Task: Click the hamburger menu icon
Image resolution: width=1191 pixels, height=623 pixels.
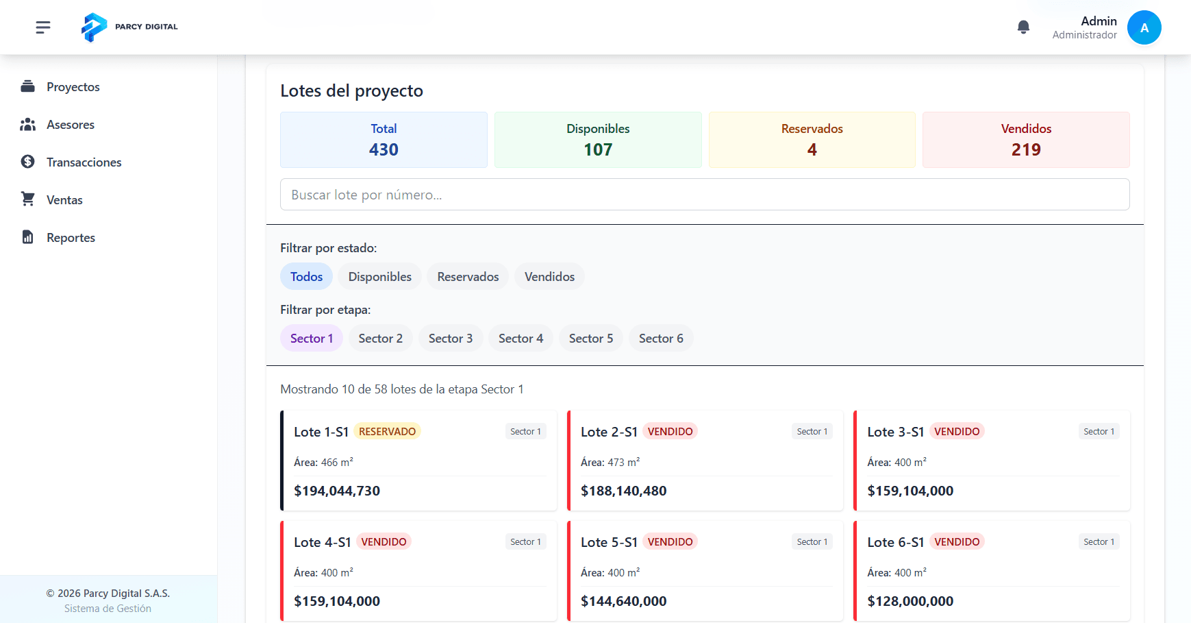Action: [43, 27]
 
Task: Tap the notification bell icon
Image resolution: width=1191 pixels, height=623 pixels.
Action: [1023, 27]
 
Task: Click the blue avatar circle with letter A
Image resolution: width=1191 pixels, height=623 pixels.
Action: [1144, 27]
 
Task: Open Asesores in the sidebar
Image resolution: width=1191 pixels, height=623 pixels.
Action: [70, 125]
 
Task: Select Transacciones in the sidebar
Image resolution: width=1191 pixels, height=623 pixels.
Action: [84, 162]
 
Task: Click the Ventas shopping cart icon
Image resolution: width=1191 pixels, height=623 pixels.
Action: [28, 199]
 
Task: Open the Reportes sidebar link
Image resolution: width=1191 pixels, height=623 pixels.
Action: [70, 238]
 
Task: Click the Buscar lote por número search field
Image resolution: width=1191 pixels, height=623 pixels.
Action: [704, 195]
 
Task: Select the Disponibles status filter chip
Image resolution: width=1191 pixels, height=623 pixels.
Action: [379, 277]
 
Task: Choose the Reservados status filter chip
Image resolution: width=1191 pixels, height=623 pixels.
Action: [468, 277]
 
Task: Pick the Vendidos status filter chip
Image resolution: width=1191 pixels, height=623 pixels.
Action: [549, 277]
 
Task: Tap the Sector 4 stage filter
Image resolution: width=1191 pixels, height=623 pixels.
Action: [521, 339]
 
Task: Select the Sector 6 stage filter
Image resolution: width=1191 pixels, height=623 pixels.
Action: [661, 339]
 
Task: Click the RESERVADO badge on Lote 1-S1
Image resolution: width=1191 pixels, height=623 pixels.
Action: [387, 432]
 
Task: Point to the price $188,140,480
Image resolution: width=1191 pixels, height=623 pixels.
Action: [623, 491]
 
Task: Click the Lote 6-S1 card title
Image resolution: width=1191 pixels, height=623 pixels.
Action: [895, 542]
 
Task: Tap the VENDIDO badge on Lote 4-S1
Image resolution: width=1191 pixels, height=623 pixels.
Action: [384, 542]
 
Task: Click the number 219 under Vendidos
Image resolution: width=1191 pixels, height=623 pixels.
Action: [1025, 149]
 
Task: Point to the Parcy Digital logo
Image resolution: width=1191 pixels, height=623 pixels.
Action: [95, 27]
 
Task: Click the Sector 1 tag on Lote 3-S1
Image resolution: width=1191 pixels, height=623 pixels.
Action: [1099, 432]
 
